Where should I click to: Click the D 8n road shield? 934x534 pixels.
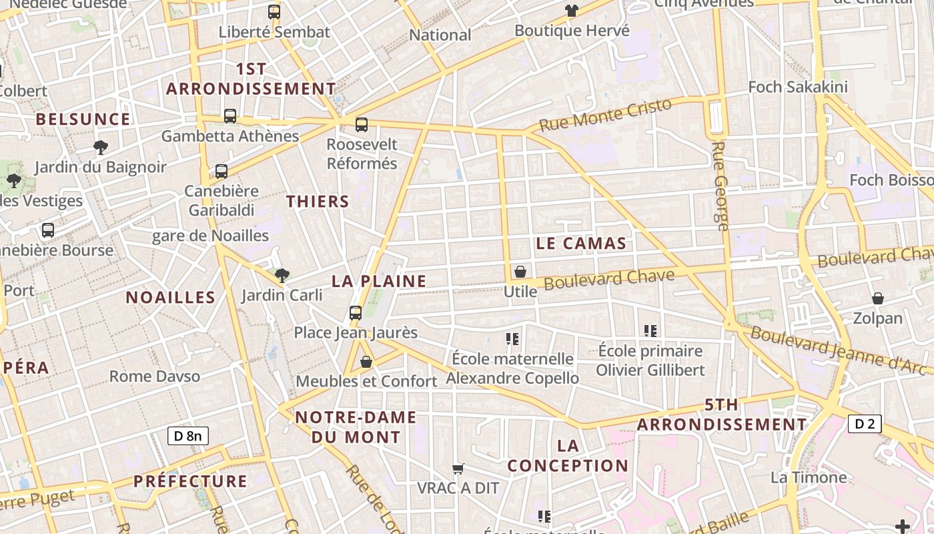tap(188, 437)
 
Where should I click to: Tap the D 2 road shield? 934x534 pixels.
tap(865, 424)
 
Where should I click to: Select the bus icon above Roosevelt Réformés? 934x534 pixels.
tap(362, 124)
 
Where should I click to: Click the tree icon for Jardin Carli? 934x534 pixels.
tap(282, 275)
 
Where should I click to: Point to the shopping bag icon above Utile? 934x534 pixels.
tap(520, 272)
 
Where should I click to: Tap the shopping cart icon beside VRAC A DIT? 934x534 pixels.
tap(458, 469)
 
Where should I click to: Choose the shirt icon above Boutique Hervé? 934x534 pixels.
tap(572, 11)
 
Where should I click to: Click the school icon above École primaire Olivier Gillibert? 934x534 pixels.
tap(650, 330)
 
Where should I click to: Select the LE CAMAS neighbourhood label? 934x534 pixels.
tap(581, 244)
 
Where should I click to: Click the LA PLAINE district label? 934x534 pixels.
tap(379, 281)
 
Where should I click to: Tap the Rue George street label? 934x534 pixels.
tap(719, 186)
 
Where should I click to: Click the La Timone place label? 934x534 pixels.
tap(809, 477)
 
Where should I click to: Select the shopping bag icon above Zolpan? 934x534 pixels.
tap(878, 298)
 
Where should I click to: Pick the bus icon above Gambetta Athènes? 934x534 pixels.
tap(230, 115)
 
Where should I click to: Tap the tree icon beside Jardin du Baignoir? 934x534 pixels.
tap(101, 147)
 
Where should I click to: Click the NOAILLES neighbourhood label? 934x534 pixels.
tap(170, 298)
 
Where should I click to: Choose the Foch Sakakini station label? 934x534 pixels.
tap(798, 87)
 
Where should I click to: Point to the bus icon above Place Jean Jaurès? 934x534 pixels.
tap(356, 312)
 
